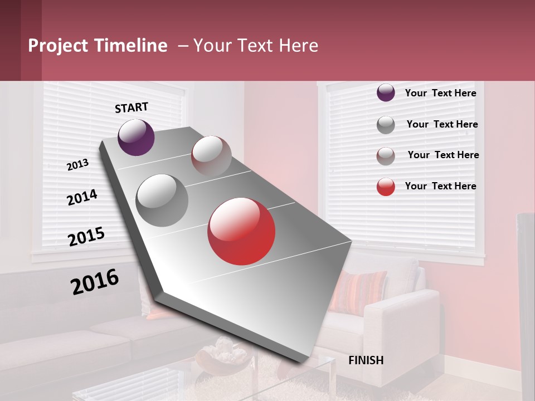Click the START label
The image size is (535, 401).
(132, 107)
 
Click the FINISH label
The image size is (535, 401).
(366, 360)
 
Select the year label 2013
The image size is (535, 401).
(77, 165)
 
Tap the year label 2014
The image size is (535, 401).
(82, 197)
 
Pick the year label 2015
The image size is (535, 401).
(86, 237)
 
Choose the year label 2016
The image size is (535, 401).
(95, 282)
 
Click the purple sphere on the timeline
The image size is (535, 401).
(136, 138)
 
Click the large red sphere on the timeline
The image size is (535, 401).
(241, 231)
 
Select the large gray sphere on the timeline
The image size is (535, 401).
(162, 200)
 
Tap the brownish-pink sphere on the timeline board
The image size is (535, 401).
(211, 156)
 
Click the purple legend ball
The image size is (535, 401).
(386, 93)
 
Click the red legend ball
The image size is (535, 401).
(386, 187)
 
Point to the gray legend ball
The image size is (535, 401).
(386, 125)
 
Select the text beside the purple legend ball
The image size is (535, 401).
(440, 93)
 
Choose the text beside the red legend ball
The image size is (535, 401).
(440, 186)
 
